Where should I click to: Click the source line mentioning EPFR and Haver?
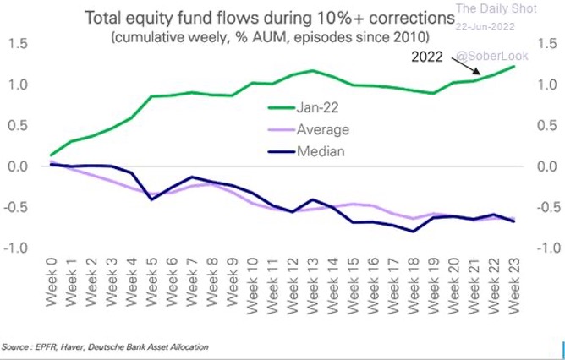[105, 346]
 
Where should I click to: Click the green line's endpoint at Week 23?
[514, 67]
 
